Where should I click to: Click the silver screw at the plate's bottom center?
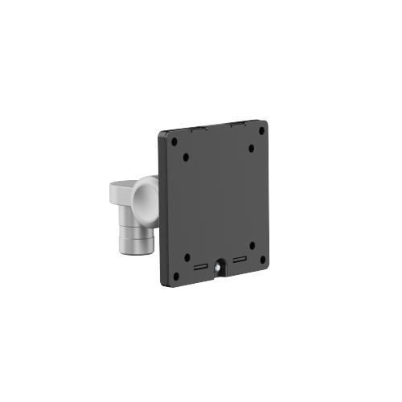(220, 263)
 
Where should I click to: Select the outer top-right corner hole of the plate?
(260, 129)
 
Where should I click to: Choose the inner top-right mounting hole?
(251, 149)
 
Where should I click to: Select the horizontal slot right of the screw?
(239, 260)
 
